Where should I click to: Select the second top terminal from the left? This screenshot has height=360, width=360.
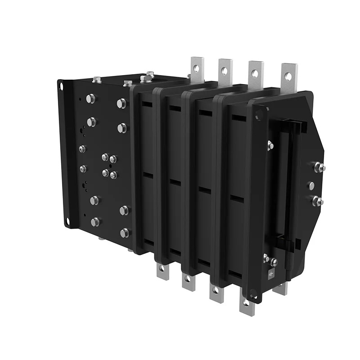pyautogui.click(x=225, y=70)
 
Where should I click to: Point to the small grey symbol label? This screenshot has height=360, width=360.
pyautogui.click(x=271, y=274)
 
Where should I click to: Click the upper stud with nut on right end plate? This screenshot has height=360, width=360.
pyautogui.click(x=320, y=167)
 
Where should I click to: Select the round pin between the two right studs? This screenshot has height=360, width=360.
pyautogui.click(x=311, y=185)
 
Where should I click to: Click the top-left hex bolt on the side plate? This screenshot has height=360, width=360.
pyautogui.click(x=90, y=99)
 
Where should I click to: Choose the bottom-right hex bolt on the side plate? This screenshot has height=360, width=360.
pyautogui.click(x=125, y=233)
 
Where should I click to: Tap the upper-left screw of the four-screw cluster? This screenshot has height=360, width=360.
pyautogui.click(x=105, y=157)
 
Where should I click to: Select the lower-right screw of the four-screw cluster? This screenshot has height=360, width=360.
pyautogui.click(x=113, y=175)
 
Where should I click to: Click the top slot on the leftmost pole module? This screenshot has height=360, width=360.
pyautogui.click(x=147, y=104)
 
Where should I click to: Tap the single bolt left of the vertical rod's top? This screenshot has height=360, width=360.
pyautogui.click(x=270, y=145)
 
